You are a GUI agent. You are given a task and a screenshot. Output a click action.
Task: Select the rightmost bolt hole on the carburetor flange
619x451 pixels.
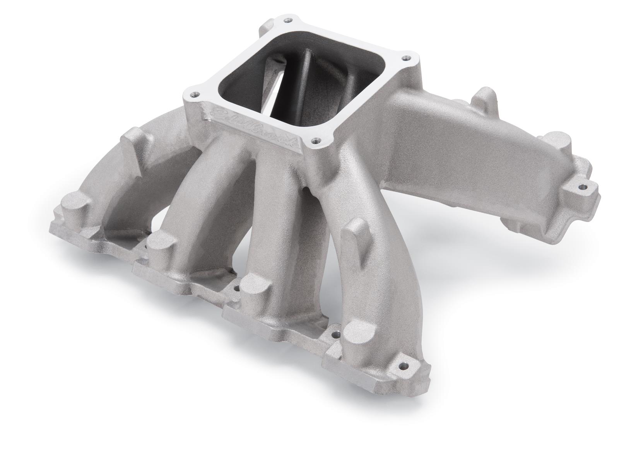tap(405, 58)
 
